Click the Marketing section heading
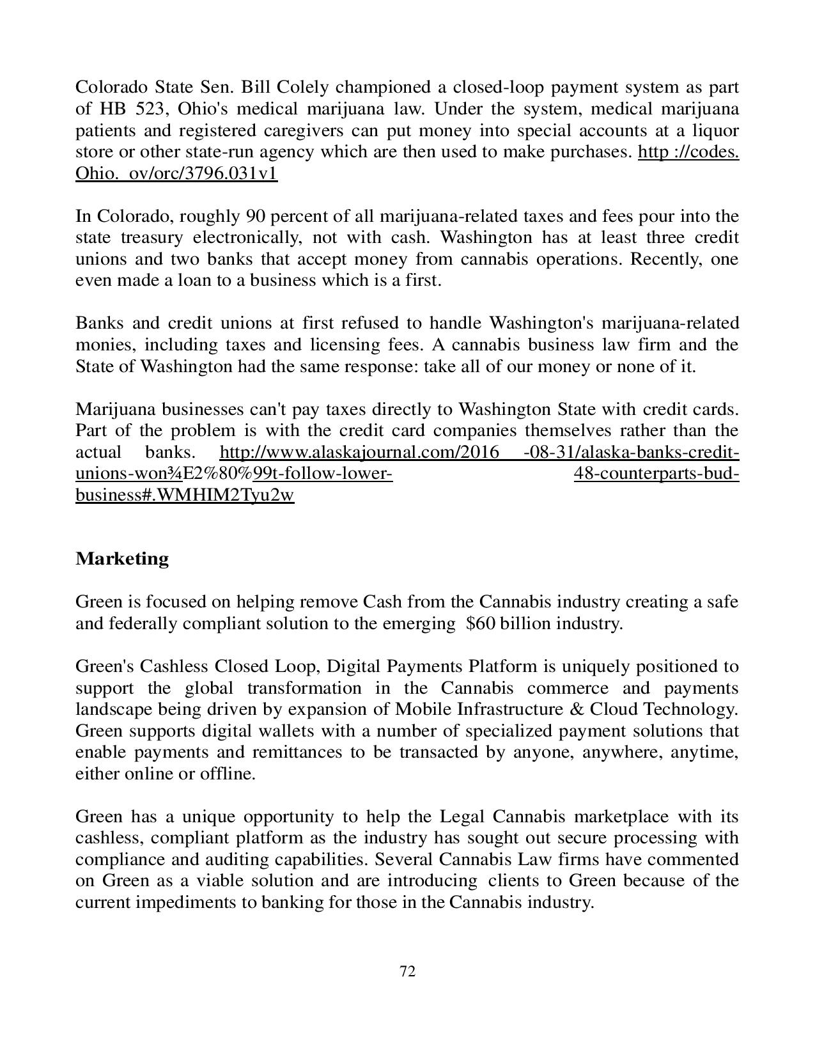[122, 559]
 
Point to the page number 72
[407, 972]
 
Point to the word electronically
[246, 238]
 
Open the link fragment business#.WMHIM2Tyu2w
[185, 496]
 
